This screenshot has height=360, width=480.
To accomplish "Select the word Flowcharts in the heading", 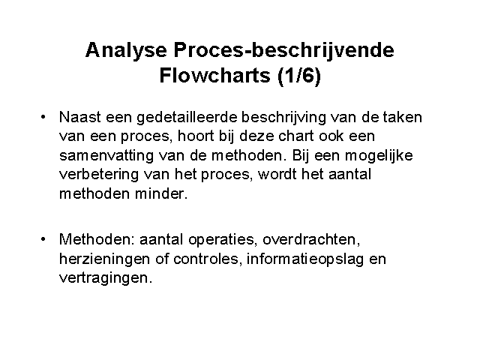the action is tap(215, 75).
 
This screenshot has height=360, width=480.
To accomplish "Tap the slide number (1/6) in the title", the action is tap(299, 76).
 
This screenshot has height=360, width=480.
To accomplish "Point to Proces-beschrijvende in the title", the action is tap(283, 51).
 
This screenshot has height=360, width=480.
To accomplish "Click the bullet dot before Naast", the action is tap(43, 117).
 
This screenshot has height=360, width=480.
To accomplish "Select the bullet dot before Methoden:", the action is tap(43, 238).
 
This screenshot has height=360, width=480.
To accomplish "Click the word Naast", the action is tap(80, 117).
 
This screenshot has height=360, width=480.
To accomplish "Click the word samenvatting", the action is tap(106, 156).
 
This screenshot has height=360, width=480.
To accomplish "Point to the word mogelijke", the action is tap(379, 156).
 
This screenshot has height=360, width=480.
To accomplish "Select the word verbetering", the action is tap(99, 175).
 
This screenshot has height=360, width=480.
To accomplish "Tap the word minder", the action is tap(161, 193).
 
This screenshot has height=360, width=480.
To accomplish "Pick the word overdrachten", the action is tap(311, 240).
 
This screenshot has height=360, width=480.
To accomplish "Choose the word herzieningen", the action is tap(105, 259).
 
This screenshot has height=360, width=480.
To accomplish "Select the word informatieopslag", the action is tap(305, 259).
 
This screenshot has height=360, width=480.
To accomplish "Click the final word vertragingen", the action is tap(106, 279).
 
